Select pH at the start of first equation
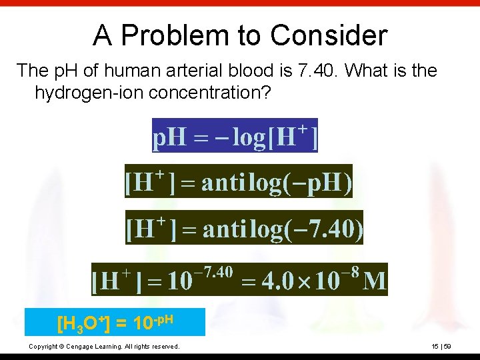click(169, 138)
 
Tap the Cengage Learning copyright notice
click(104, 347)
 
